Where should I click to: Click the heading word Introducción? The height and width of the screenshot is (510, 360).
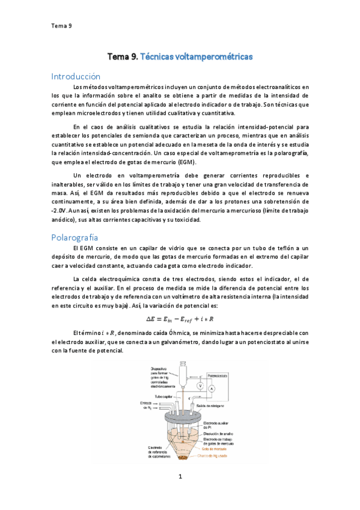(76, 76)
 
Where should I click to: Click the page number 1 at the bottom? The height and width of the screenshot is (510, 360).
(180, 477)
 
